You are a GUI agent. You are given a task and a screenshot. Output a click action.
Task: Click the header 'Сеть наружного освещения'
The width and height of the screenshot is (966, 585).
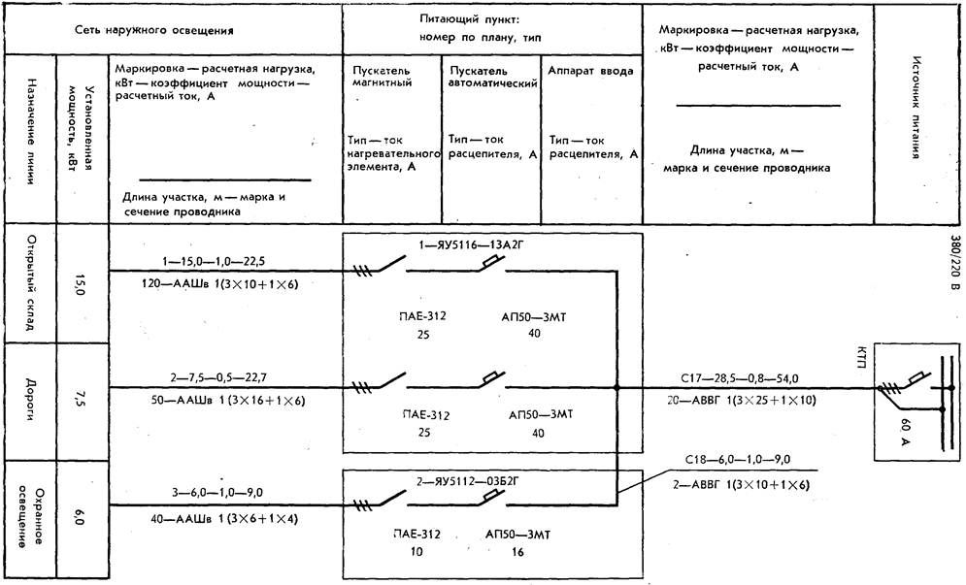pos(154,30)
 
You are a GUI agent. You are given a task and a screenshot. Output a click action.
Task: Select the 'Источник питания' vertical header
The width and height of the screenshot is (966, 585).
pos(916,108)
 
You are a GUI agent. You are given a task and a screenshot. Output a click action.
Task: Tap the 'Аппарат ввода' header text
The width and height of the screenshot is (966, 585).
pos(590,71)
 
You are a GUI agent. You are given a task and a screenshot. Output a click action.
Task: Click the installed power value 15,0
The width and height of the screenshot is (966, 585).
pos(79,284)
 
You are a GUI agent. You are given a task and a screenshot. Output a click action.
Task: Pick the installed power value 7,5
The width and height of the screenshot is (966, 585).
pos(79,399)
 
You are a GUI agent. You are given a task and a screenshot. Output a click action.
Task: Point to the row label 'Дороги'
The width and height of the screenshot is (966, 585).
pos(29,399)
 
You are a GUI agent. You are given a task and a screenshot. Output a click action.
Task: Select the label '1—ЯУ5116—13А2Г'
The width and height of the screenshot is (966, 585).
pos(471,245)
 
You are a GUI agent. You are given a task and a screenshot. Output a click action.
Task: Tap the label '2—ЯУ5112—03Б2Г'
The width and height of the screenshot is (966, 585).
pos(466,481)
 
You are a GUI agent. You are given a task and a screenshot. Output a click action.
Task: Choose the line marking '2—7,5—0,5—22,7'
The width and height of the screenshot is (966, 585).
pos(218,377)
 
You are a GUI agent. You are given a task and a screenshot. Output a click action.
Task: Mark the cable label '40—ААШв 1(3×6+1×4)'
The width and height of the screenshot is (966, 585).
pos(224,519)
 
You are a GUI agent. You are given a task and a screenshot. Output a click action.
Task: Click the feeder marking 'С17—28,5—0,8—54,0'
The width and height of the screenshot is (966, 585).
pos(739,378)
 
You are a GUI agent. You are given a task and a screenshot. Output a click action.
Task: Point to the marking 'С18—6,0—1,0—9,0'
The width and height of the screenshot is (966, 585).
pos(738,460)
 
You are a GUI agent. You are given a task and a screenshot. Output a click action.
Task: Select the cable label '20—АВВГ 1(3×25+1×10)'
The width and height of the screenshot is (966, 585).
pos(741,401)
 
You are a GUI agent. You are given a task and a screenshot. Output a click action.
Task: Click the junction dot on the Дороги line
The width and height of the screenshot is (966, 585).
pos(616,388)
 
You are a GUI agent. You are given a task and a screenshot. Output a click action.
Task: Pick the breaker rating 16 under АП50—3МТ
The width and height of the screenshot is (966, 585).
pos(517,552)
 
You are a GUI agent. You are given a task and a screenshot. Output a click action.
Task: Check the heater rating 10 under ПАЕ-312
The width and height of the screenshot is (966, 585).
pos(416,551)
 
